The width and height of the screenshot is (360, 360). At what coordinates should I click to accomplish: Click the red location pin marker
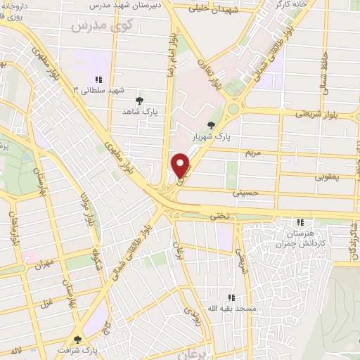pyautogui.click(x=181, y=165)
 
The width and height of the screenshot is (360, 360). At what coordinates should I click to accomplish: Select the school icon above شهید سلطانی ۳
pyautogui.click(x=99, y=79)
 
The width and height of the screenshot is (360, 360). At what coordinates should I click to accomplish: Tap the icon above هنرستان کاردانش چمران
pyautogui.click(x=301, y=222)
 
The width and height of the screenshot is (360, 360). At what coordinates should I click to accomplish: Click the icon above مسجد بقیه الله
pyautogui.click(x=231, y=297)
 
